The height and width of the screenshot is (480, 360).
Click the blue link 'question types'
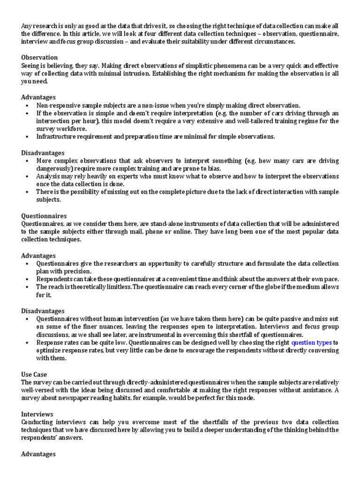click(x=311, y=343)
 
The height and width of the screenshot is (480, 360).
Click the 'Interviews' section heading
click(x=37, y=414)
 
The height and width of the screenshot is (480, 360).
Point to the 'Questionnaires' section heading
click(x=44, y=216)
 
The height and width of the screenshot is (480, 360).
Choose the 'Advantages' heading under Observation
click(x=38, y=97)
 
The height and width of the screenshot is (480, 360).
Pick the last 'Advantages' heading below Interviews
click(x=38, y=454)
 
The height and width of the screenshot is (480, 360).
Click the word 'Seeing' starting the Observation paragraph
click(x=31, y=65)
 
